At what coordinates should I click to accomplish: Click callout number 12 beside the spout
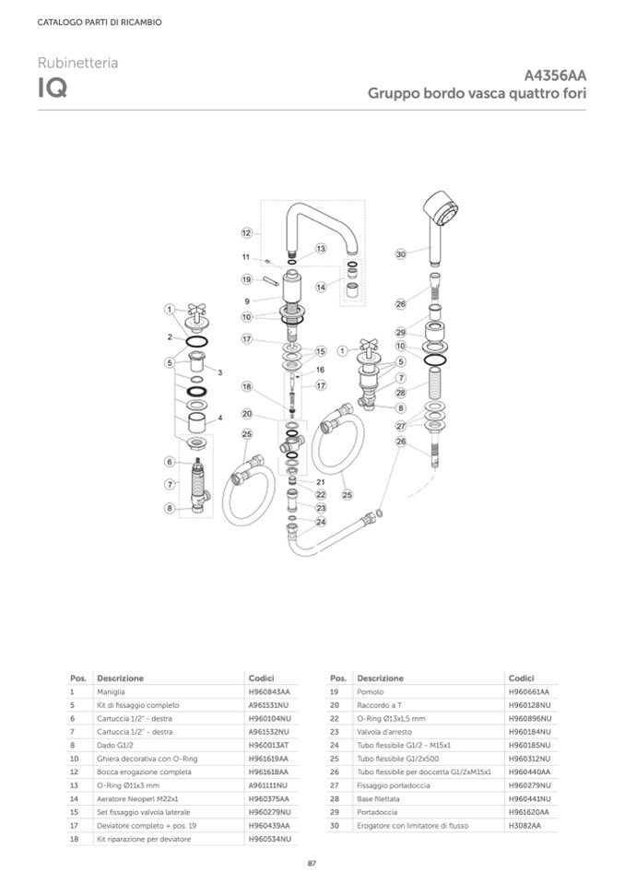(246, 232)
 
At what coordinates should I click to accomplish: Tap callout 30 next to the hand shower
(400, 253)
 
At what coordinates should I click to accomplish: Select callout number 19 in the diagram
(246, 279)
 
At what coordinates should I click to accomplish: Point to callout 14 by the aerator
(321, 287)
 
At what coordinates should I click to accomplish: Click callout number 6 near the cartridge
(171, 461)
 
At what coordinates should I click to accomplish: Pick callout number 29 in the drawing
(400, 332)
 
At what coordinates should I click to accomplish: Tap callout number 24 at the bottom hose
(321, 522)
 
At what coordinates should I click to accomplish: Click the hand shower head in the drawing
(441, 209)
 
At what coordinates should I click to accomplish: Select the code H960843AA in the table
(269, 691)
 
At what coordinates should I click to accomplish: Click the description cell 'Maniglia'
(111, 691)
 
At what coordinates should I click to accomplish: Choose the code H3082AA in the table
(525, 825)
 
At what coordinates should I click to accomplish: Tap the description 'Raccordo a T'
(377, 705)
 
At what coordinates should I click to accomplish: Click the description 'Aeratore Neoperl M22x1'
(137, 798)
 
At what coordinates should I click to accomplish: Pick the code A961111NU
(269, 785)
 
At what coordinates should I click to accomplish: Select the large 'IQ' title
(52, 89)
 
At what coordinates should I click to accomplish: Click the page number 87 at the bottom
(312, 863)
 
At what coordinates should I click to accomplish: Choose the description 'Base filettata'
(378, 798)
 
